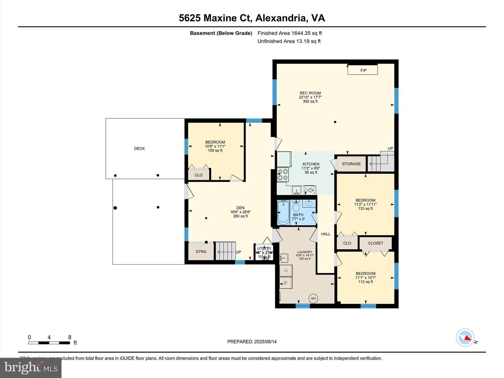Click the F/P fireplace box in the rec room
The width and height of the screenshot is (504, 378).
point(363,70)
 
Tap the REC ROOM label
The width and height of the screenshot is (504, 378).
point(310,93)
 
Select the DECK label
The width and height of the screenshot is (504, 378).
point(139,148)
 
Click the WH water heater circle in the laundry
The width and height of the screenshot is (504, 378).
point(313,299)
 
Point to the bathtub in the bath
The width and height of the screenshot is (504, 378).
point(283,212)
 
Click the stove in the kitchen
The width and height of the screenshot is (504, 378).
point(282,174)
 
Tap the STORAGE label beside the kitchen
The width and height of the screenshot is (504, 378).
point(351,164)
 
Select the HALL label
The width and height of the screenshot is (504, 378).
point(325,234)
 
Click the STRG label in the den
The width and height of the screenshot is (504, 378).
point(201,252)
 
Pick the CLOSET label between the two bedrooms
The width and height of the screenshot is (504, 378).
point(376,243)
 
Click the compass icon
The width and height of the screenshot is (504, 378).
point(465,338)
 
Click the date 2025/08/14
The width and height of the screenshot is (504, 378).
point(265,342)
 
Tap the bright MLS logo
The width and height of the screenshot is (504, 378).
point(31,368)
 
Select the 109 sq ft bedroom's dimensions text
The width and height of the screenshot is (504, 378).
point(215,146)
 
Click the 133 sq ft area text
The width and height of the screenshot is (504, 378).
point(365,209)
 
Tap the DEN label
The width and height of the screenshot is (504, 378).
point(240,208)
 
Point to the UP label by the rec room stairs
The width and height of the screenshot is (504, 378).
point(390,148)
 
